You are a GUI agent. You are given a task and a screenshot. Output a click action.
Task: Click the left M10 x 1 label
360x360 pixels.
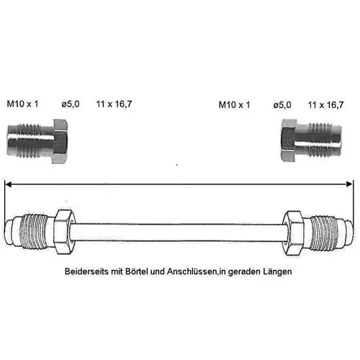click(x=22, y=104)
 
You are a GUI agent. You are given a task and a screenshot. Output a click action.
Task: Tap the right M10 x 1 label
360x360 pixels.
click(x=234, y=104)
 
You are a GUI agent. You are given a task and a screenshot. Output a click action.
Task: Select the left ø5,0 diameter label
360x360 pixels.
click(x=71, y=104)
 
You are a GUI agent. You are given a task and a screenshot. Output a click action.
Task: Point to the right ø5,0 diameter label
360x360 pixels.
click(x=282, y=104)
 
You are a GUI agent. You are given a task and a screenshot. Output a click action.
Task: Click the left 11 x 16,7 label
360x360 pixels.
click(x=114, y=104)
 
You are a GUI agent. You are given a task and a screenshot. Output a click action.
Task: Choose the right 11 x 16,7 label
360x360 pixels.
click(x=325, y=104)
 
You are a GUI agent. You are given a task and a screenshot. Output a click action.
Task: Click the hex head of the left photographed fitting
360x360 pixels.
click(x=60, y=141)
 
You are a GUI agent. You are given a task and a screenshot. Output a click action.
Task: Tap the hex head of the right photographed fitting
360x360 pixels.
click(x=289, y=140)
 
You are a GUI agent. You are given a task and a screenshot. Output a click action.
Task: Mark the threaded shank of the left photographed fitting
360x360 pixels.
click(x=30, y=140)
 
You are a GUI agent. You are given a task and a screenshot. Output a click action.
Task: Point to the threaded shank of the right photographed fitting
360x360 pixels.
click(x=319, y=140)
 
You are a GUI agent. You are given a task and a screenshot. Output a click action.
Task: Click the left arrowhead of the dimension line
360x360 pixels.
click(x=8, y=184)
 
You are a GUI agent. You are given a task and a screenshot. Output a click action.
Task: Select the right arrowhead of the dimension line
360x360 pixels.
click(x=349, y=184)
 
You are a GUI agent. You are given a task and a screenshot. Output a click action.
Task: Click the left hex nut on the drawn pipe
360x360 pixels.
click(x=64, y=232)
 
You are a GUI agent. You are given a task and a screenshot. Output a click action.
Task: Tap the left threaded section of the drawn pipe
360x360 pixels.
click(x=34, y=232)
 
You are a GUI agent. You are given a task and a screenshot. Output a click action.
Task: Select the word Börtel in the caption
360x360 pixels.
click(x=137, y=271)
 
